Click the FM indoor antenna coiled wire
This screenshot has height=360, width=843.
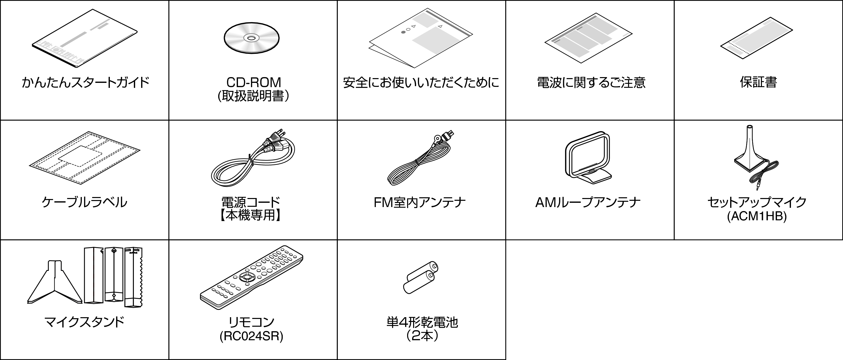point(412,167)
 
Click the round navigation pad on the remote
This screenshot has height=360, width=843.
point(246,277)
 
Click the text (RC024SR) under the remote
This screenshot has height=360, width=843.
point(251,336)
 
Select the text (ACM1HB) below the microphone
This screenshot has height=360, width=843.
point(757,216)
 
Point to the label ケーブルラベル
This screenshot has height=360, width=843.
point(84,202)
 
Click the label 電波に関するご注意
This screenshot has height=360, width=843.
point(591,82)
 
